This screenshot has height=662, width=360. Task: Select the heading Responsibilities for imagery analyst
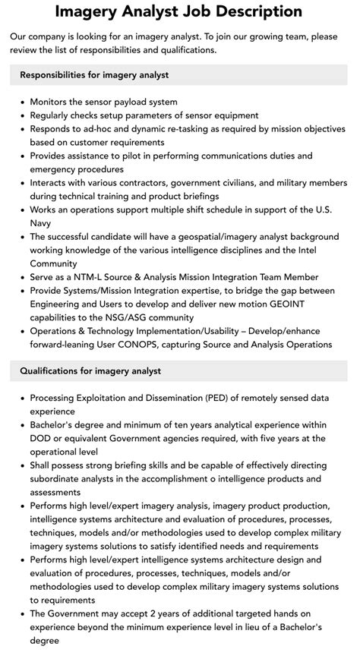[x=94, y=75]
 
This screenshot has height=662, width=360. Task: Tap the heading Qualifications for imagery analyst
[x=90, y=371]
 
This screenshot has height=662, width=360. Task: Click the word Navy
[x=41, y=223]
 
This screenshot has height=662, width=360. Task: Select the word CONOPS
[x=128, y=345]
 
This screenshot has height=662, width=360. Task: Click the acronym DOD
[x=41, y=439]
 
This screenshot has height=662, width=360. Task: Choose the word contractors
[x=134, y=183]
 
